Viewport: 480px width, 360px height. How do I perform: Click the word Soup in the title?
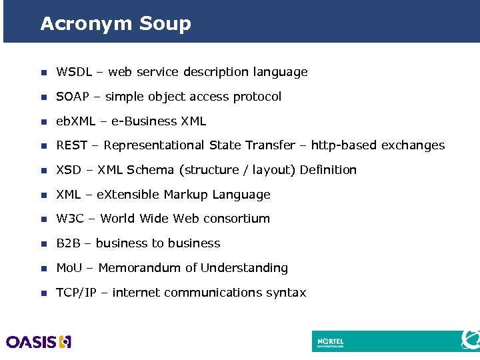click(x=165, y=25)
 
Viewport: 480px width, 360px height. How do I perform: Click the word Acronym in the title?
click(x=87, y=25)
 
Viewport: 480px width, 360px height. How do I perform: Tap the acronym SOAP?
click(x=73, y=97)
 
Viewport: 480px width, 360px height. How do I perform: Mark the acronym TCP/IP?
click(x=76, y=293)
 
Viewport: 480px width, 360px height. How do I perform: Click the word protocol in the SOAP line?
click(x=257, y=97)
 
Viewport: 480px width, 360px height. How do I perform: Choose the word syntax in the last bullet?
click(x=285, y=293)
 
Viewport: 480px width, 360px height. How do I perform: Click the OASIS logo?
click(x=39, y=342)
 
